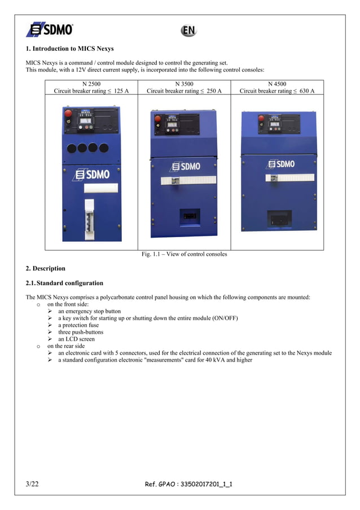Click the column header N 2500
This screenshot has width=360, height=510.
click(91, 84)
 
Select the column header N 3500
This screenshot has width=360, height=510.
click(184, 84)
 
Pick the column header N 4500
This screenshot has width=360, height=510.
click(277, 84)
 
